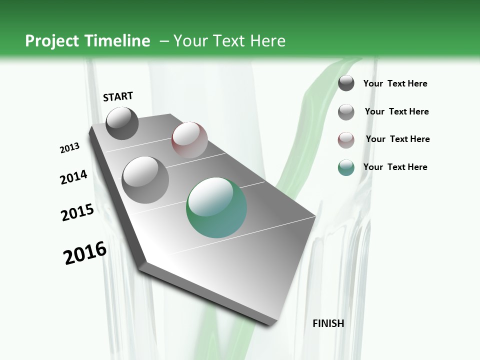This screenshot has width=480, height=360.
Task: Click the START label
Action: [118, 96]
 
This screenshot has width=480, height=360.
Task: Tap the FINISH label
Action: [328, 323]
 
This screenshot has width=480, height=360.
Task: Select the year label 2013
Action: [69, 148]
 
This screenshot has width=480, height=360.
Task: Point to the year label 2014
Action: [73, 177]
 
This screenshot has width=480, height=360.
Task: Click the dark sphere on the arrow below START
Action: [122, 123]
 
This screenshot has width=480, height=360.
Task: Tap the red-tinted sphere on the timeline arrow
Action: [189, 140]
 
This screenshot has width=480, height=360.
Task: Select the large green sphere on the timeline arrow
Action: [216, 207]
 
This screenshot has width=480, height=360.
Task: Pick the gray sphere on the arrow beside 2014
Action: [145, 179]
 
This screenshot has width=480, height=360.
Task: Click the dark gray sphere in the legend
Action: [346, 83]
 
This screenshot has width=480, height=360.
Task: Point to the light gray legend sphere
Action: [346, 112]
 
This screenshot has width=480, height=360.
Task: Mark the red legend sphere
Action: [346, 140]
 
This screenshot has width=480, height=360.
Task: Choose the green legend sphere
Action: [346, 168]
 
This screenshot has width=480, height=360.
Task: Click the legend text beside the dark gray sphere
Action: [395, 84]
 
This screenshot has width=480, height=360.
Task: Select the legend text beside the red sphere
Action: [397, 139]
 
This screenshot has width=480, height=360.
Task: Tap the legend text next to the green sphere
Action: [395, 167]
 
